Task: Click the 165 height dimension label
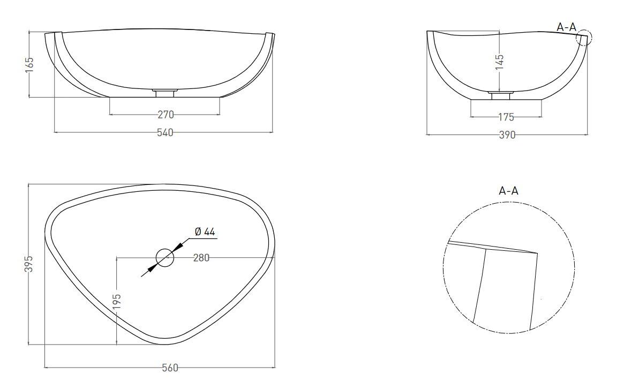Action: pyautogui.click(x=29, y=65)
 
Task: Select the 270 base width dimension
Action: pyautogui.click(x=166, y=115)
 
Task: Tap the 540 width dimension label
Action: pyautogui.click(x=165, y=132)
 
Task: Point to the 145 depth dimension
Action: pyautogui.click(x=500, y=62)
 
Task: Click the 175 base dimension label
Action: pyautogui.click(x=506, y=117)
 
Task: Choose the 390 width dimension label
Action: pyautogui.click(x=507, y=135)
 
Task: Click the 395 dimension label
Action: pyautogui.click(x=29, y=264)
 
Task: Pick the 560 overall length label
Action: pyautogui.click(x=170, y=368)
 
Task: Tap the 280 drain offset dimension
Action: pyautogui.click(x=201, y=258)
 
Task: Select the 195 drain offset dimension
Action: pyautogui.click(x=117, y=302)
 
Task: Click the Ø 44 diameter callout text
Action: pyautogui.click(x=205, y=232)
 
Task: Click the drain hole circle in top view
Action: pyautogui.click(x=165, y=258)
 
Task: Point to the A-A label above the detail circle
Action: pyautogui.click(x=509, y=191)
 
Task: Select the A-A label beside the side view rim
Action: pyautogui.click(x=566, y=27)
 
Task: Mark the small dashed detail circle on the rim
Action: pyautogui.click(x=584, y=38)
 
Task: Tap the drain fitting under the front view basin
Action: pyautogui.click(x=164, y=93)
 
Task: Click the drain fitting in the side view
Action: pyautogui.click(x=501, y=95)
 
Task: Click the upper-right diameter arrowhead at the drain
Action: pyautogui.click(x=178, y=247)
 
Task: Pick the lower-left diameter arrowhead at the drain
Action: pyautogui.click(x=151, y=268)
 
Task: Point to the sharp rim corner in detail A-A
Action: pyautogui.click(x=537, y=253)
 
